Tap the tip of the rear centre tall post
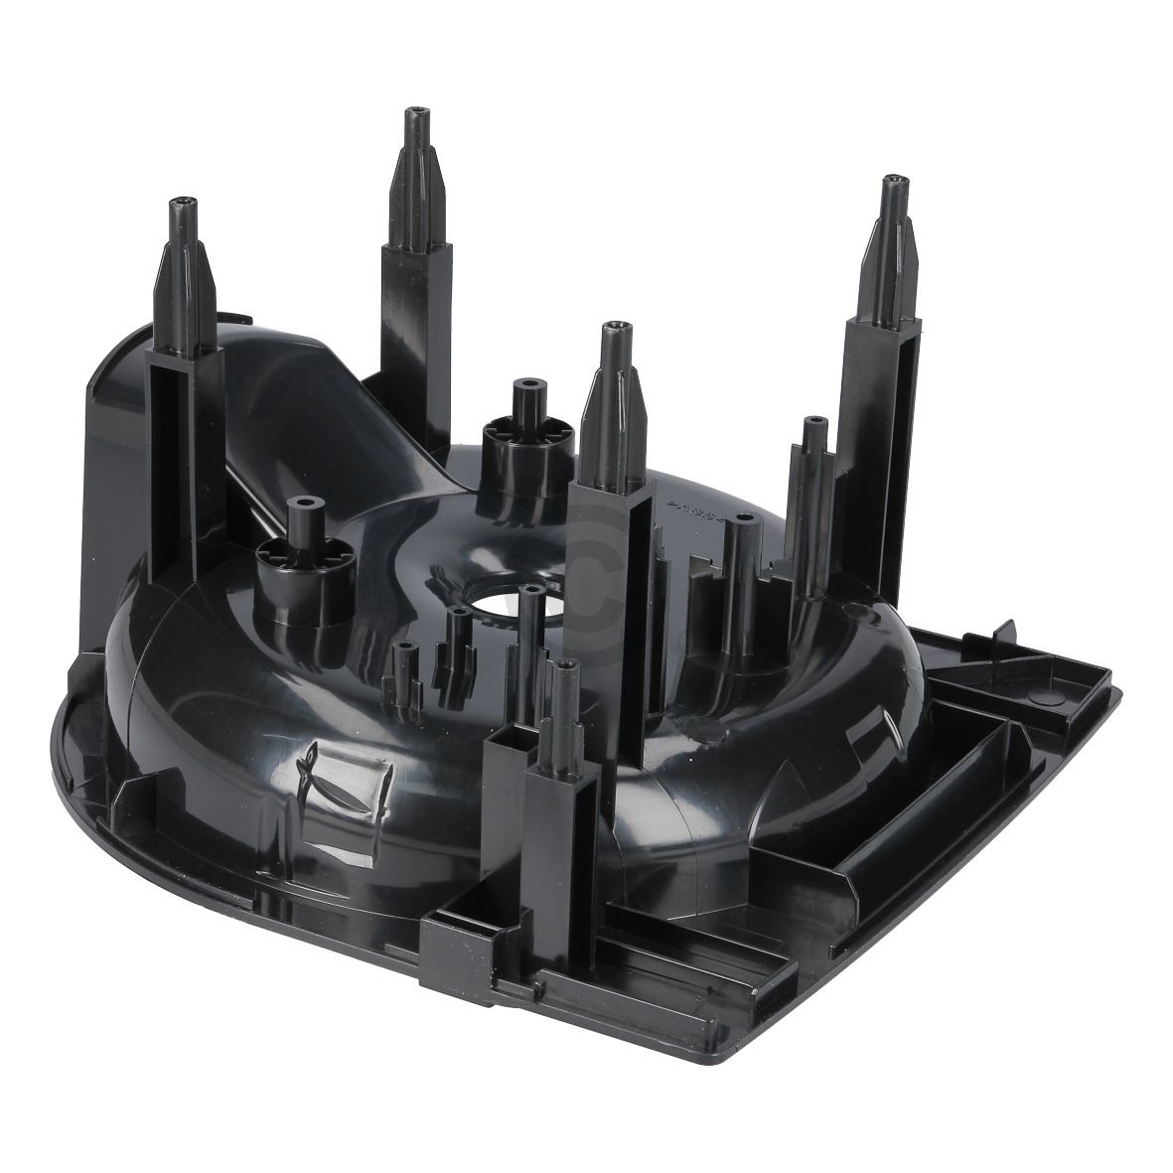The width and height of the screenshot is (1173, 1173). click(409, 114)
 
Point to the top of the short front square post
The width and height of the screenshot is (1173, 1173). click(565, 667)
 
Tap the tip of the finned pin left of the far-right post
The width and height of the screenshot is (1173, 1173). click(813, 422)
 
